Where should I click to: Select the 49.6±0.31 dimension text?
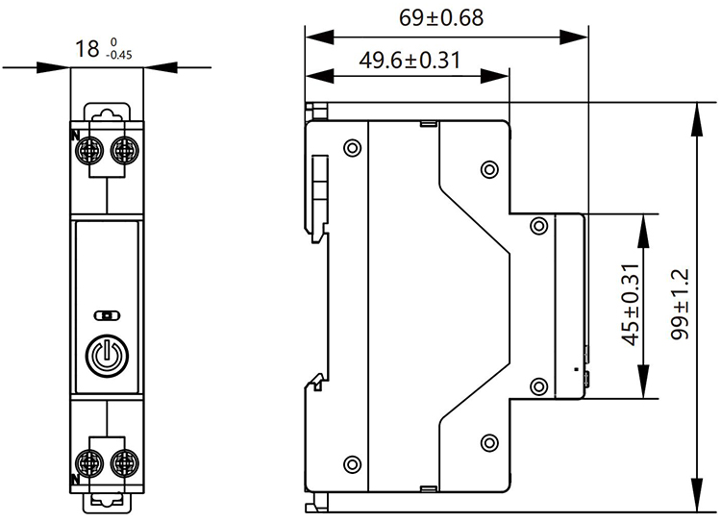[x=410, y=60]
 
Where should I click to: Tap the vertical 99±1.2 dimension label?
[x=681, y=304]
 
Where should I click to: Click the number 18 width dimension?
[x=86, y=48]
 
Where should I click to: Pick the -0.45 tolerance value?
[x=121, y=55]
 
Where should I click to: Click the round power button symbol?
[x=107, y=356]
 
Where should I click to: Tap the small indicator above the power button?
[x=107, y=314]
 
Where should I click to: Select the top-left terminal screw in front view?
[x=92, y=149]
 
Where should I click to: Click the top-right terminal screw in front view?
[x=123, y=149]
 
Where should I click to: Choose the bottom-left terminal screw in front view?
[x=92, y=460]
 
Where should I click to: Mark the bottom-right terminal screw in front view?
[x=123, y=460]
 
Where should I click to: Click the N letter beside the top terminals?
[x=74, y=135]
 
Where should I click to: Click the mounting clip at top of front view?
[x=107, y=114]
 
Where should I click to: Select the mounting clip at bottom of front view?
[x=107, y=498]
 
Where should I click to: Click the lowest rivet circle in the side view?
[x=352, y=462]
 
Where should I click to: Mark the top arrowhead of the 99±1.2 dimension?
[x=695, y=110]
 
